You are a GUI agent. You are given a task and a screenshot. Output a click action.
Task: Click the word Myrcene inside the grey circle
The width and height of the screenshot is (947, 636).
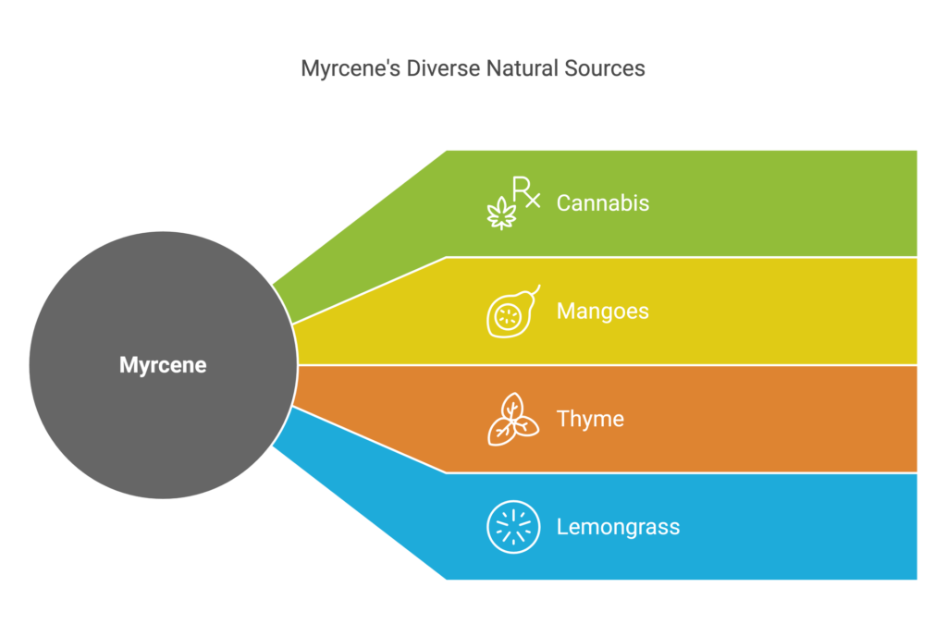163,365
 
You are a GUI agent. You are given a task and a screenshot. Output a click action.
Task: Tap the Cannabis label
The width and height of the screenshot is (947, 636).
602,203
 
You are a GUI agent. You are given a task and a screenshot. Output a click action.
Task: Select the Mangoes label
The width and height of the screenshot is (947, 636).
602,312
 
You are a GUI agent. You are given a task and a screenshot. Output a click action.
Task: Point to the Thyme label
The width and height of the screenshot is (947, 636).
590,420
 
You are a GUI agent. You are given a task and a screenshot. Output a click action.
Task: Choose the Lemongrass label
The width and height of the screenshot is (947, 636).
618,528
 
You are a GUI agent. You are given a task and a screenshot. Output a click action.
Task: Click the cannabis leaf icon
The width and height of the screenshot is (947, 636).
501,213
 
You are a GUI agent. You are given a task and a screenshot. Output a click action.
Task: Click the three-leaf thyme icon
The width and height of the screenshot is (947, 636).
512,420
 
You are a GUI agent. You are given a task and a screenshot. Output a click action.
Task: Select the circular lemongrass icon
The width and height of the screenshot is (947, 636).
513,527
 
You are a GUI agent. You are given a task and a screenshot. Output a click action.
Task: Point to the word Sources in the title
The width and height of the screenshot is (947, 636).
607,68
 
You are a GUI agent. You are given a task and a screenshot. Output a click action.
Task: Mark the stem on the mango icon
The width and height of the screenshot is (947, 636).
535,290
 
